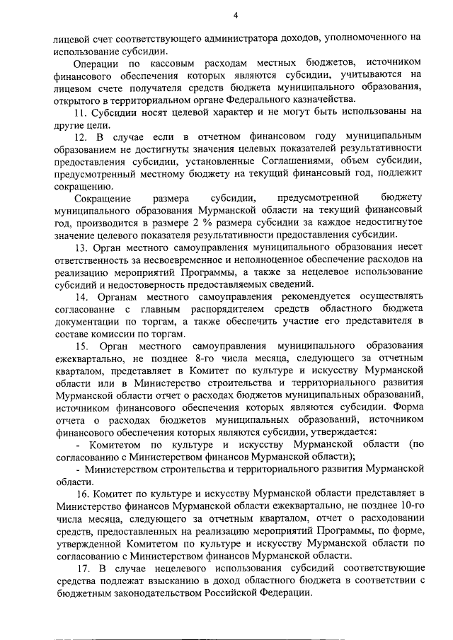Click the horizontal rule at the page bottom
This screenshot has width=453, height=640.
click(x=240, y=620)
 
